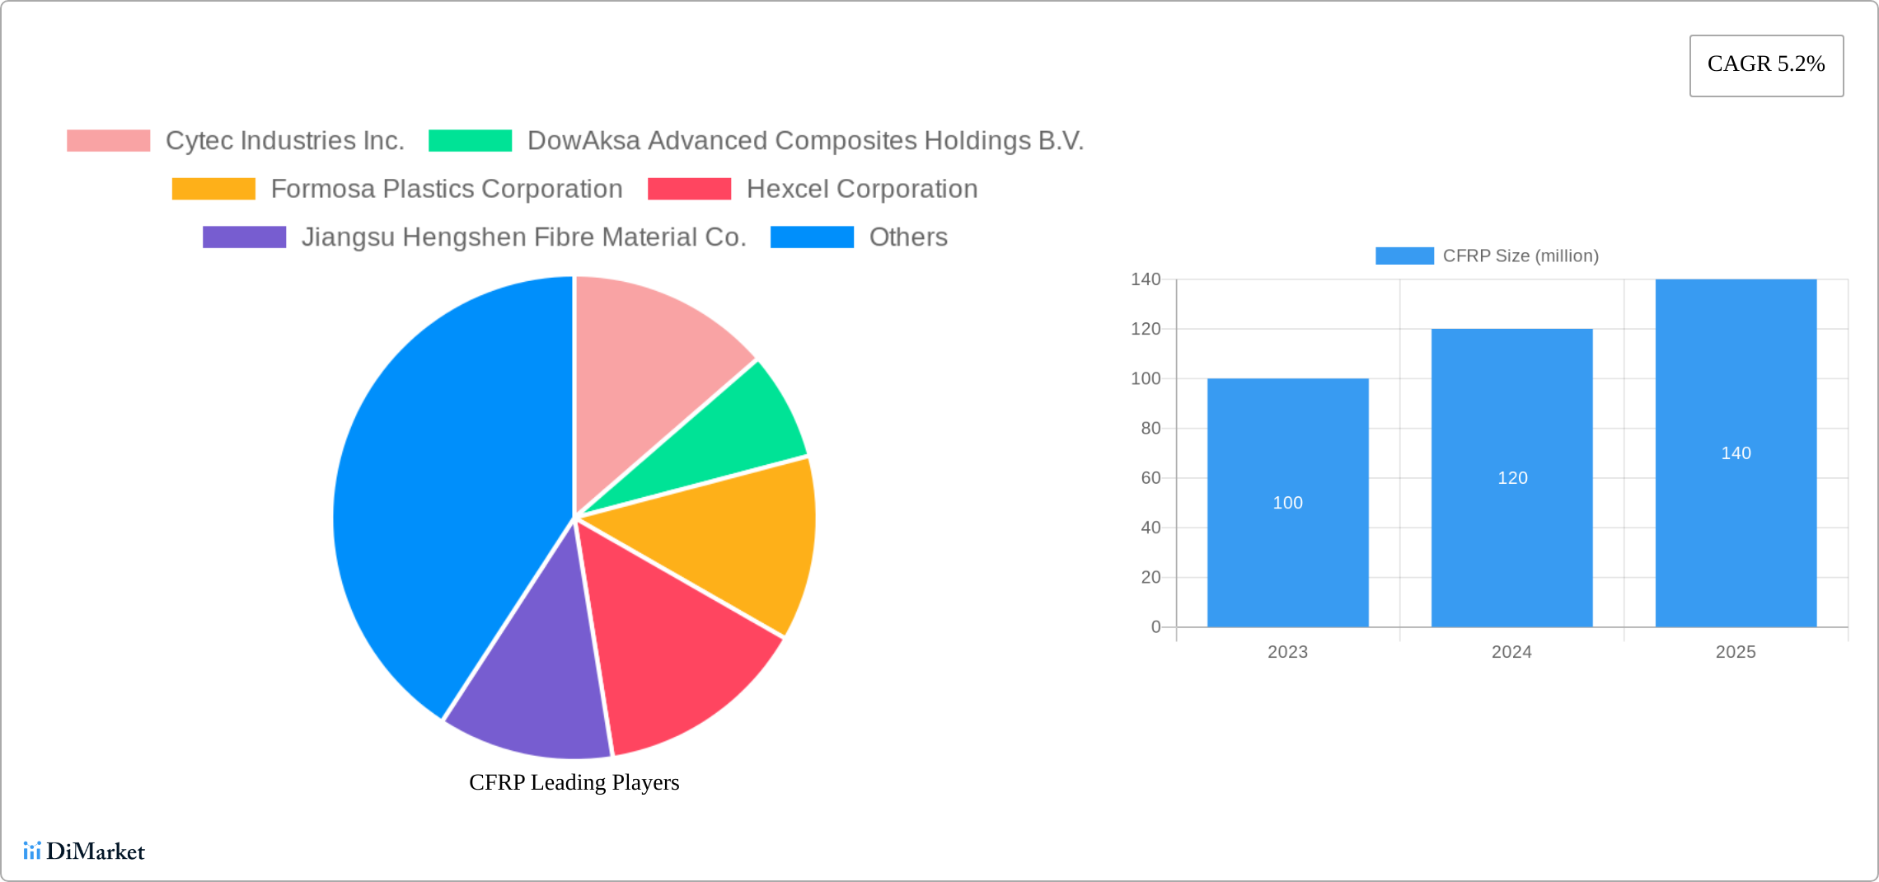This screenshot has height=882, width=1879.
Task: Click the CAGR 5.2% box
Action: click(1766, 65)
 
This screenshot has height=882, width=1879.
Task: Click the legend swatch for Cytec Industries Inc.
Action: click(108, 141)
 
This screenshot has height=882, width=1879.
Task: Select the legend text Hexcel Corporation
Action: click(861, 189)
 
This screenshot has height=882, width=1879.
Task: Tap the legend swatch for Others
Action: click(812, 237)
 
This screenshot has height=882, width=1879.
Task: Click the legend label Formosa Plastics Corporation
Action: click(446, 189)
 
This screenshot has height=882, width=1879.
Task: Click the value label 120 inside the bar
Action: click(1512, 478)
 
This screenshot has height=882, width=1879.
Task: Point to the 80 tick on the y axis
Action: click(1150, 429)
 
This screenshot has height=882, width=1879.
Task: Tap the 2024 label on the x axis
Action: click(1511, 652)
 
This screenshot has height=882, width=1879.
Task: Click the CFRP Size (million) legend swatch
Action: click(1404, 256)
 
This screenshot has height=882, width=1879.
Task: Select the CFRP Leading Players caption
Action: click(574, 782)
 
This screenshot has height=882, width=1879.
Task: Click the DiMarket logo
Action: click(84, 852)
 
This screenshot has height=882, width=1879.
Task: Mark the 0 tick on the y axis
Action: click(1155, 627)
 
